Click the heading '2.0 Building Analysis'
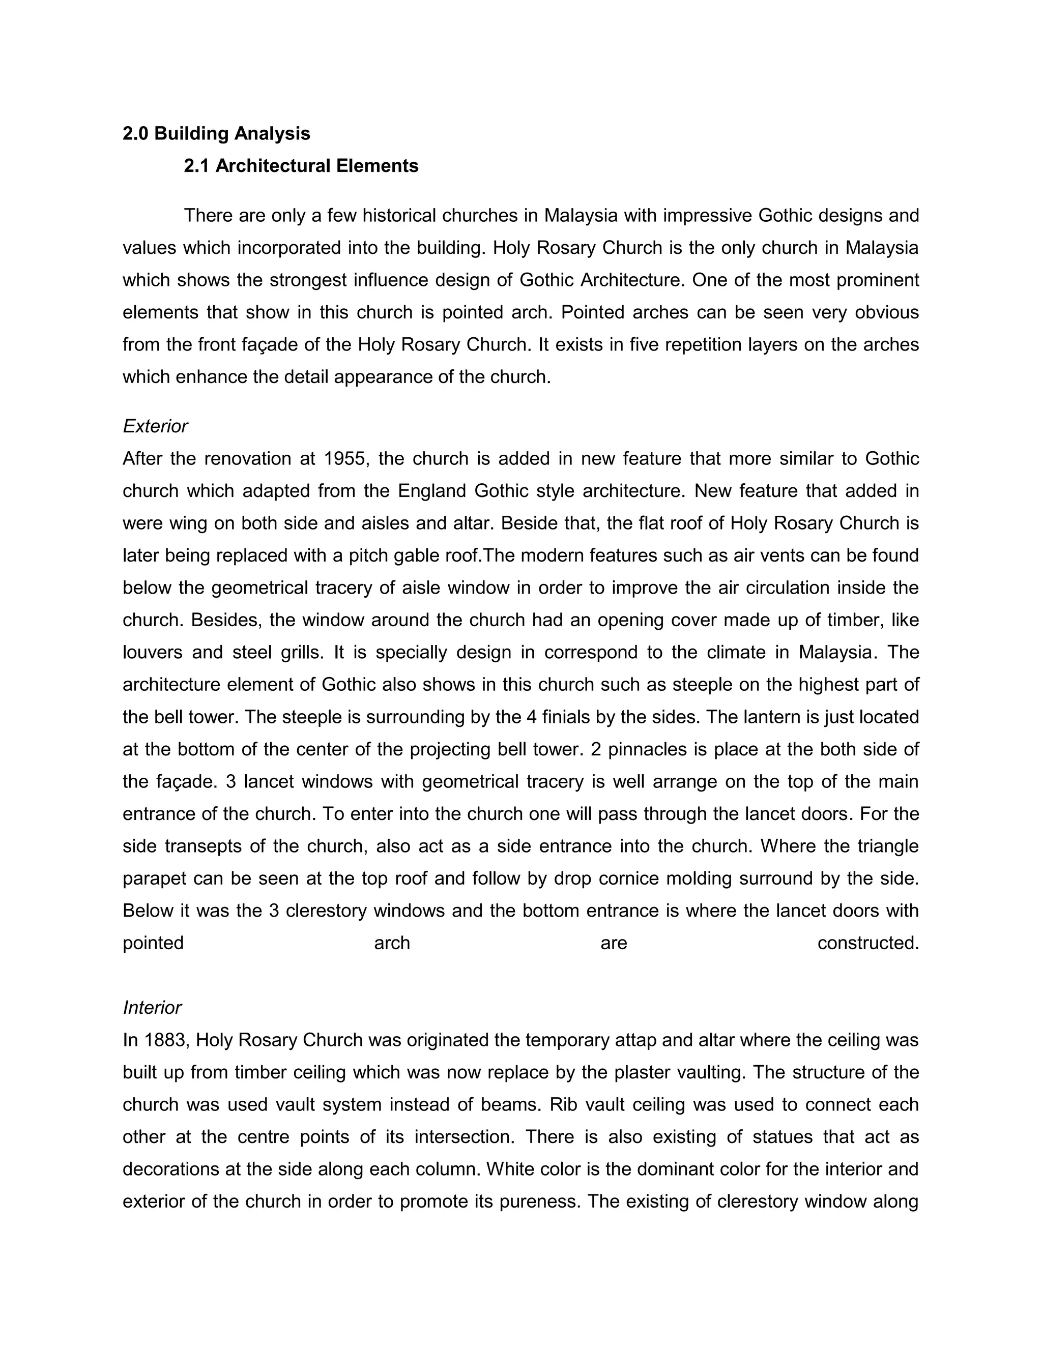[x=216, y=133]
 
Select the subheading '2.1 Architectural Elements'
[x=301, y=165]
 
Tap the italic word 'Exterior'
[x=155, y=426]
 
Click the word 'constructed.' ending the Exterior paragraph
[x=868, y=943]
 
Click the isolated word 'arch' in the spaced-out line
[x=392, y=943]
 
